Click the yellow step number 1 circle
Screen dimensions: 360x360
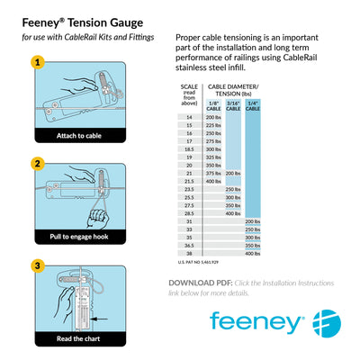click(37, 63)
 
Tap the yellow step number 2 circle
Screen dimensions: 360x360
click(37, 164)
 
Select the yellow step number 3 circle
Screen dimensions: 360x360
click(37, 266)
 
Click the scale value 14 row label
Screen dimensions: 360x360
click(189, 118)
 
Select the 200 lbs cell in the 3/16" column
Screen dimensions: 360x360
click(232, 173)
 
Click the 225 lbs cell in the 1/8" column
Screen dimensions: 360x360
click(213, 125)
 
